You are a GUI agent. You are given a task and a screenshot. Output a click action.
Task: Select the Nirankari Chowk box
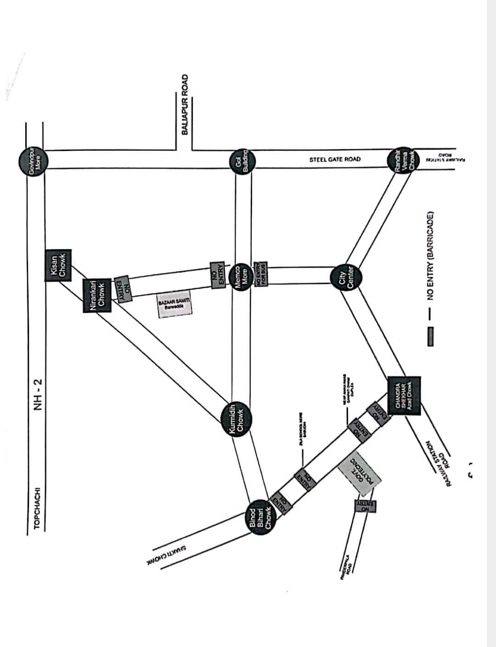tap(96, 295)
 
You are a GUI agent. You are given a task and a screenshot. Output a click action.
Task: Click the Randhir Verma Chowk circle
tap(404, 161)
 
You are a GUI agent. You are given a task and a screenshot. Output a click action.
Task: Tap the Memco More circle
tap(242, 276)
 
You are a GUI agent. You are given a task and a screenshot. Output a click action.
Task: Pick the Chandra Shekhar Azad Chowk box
tap(404, 396)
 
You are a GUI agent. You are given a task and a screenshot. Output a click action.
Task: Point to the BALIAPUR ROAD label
tap(185, 104)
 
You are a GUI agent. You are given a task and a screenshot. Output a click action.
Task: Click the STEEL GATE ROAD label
tap(335, 159)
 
